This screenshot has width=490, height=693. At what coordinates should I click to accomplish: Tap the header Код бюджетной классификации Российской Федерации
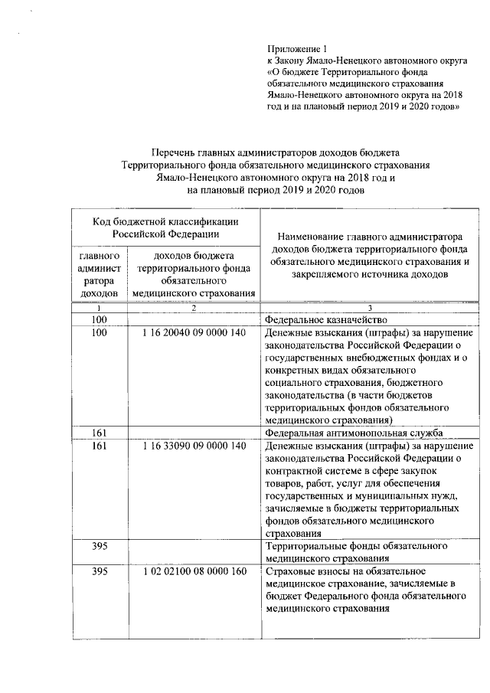click(165, 227)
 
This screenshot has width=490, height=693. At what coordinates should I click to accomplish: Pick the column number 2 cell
click(194, 308)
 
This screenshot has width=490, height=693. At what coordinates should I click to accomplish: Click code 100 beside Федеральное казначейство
click(99, 319)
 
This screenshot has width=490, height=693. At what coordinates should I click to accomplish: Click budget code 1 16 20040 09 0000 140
click(194, 333)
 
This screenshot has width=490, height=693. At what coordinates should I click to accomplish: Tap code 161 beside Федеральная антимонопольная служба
click(99, 433)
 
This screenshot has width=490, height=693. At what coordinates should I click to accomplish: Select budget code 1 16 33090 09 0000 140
click(194, 446)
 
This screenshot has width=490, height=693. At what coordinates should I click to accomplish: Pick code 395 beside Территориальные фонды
click(99, 546)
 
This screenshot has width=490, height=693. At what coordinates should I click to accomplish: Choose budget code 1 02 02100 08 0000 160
click(194, 571)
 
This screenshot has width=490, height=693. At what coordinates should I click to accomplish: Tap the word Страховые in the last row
click(289, 571)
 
